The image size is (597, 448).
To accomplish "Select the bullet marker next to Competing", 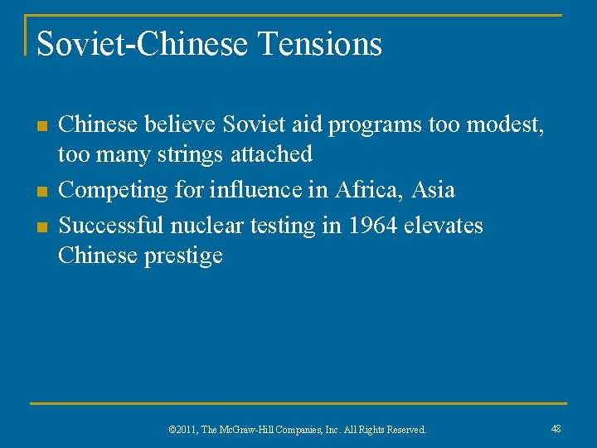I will pyautogui.click(x=41, y=192).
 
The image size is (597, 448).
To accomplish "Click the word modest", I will pyautogui.click(x=502, y=125).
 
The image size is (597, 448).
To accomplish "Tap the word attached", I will pyautogui.click(x=272, y=154).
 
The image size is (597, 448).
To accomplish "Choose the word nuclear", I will pyautogui.click(x=207, y=226).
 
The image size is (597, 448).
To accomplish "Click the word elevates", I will pyautogui.click(x=443, y=226).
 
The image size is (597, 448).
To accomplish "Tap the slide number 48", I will pyautogui.click(x=556, y=428).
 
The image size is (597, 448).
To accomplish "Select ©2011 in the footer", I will pyautogui.click(x=182, y=430).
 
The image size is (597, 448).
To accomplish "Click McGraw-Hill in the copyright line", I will pyautogui.click(x=245, y=430).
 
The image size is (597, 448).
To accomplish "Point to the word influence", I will pyautogui.click(x=249, y=190).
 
